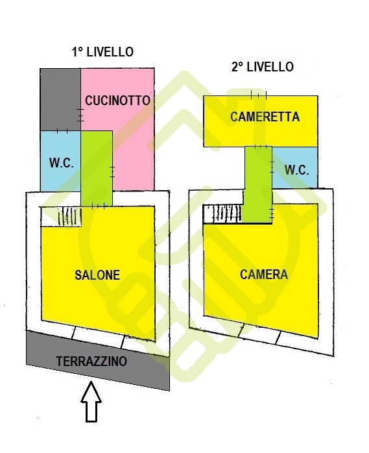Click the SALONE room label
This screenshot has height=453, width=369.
(x=97, y=275)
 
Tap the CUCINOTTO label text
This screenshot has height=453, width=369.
(x=117, y=101)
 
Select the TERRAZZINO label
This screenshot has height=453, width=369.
(x=91, y=361)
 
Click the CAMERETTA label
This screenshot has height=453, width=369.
(x=265, y=117)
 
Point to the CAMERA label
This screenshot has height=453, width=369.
(x=264, y=275)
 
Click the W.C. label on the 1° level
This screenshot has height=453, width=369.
(x=61, y=164)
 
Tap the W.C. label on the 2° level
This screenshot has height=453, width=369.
(x=297, y=170)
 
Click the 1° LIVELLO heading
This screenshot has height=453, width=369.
(x=102, y=52)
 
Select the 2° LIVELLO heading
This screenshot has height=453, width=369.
(x=263, y=67)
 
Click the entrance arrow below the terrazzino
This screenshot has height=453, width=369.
(x=91, y=402)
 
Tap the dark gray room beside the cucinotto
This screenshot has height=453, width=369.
(x=60, y=100)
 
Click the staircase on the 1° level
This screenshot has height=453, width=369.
(x=69, y=217)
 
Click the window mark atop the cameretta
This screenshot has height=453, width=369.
(x=259, y=95)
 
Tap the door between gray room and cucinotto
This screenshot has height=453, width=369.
(x=81, y=115)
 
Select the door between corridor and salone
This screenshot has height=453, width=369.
(x=98, y=206)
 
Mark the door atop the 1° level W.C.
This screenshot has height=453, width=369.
(x=62, y=131)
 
